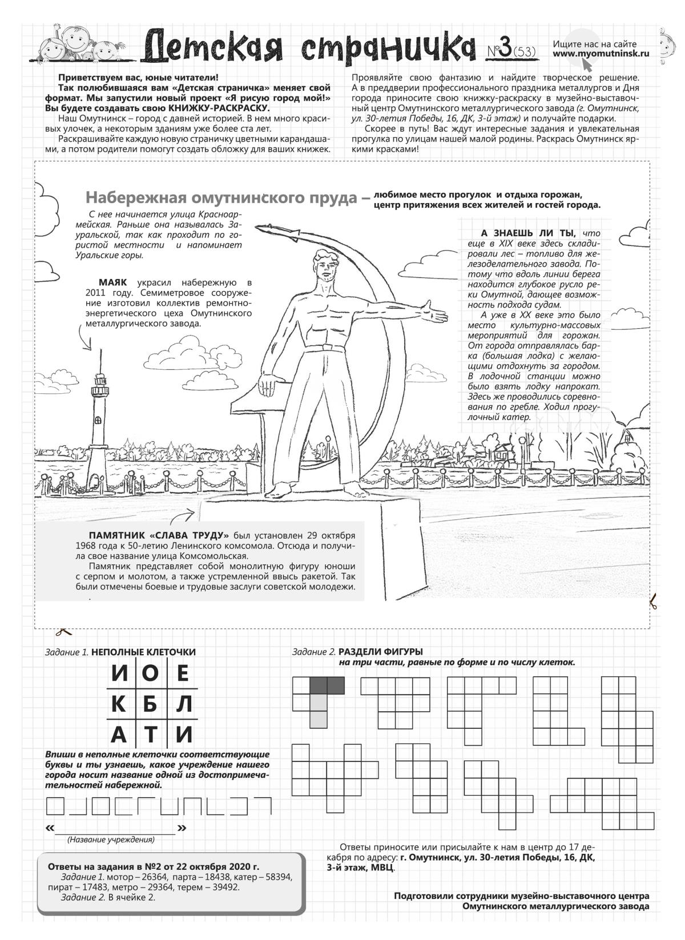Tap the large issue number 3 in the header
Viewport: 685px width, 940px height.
click(x=503, y=50)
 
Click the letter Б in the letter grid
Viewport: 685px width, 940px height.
click(x=150, y=704)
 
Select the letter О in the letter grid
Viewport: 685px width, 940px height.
click(x=150, y=673)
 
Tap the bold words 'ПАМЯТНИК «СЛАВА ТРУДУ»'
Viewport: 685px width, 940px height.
click(x=159, y=535)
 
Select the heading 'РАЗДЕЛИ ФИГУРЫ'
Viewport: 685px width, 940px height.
click(x=381, y=651)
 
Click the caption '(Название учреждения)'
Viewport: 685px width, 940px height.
click(x=111, y=840)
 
